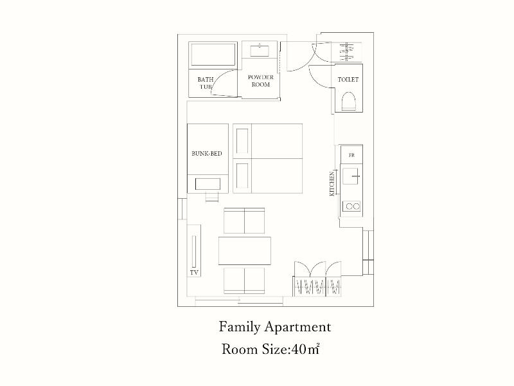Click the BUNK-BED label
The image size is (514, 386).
206,153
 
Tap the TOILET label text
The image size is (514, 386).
348,79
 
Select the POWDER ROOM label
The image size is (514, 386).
261,81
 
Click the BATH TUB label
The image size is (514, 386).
206,83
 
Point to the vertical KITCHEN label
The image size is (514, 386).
332,184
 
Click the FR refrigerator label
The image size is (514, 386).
351,155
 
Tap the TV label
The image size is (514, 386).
194,272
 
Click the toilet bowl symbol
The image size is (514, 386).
348,101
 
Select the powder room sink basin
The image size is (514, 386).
260,51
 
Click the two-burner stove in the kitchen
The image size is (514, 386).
351,206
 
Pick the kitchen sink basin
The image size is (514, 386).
350,176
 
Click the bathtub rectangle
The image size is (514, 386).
213,55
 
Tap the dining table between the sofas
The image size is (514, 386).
245,251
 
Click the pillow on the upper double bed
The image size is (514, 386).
242,141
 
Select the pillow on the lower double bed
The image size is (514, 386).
242,176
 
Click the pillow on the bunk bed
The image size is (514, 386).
208,184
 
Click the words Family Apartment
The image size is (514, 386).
275,327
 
